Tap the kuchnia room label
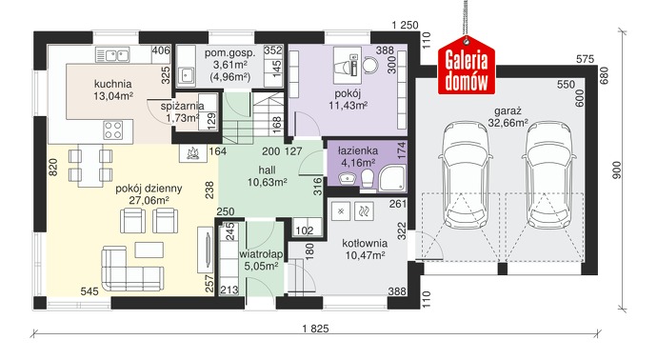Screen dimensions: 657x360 tap(112, 84)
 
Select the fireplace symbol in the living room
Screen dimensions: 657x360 tap(192, 153)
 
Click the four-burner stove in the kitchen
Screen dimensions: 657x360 tap(113, 130)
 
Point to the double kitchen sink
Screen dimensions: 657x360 tap(112, 55)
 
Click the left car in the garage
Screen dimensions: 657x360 tap(465, 175)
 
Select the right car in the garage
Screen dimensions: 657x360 tap(548, 175)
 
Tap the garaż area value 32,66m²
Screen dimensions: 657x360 tap(508, 123)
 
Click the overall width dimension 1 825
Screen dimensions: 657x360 tap(315, 329)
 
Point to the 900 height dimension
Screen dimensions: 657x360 tap(617, 170)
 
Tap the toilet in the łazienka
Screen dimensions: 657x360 tap(368, 178)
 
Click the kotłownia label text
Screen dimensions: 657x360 tap(365, 244)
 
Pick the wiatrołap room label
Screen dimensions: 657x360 tap(261, 254)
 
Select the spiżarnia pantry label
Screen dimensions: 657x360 tap(182, 106)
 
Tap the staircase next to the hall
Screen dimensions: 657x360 tap(253, 118)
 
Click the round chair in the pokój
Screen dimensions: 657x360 tap(370, 65)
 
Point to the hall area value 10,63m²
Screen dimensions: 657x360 tap(267, 182)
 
